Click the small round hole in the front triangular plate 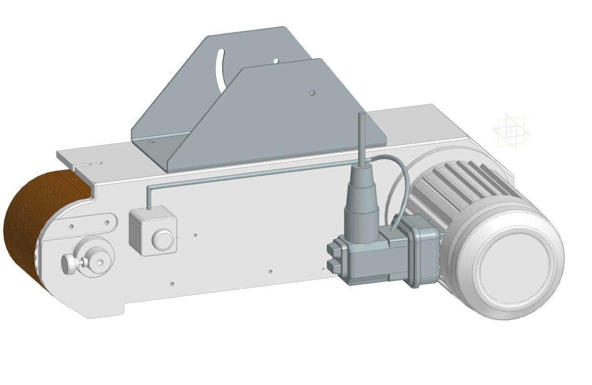pos(312,92)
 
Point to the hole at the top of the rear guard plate pos(276,61)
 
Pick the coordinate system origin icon pos(511,131)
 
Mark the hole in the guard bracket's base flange pos(152,142)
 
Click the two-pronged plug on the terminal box pos(334,257)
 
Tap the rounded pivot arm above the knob pos(91,224)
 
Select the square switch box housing pos(153,231)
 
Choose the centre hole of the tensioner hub pos(100,262)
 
